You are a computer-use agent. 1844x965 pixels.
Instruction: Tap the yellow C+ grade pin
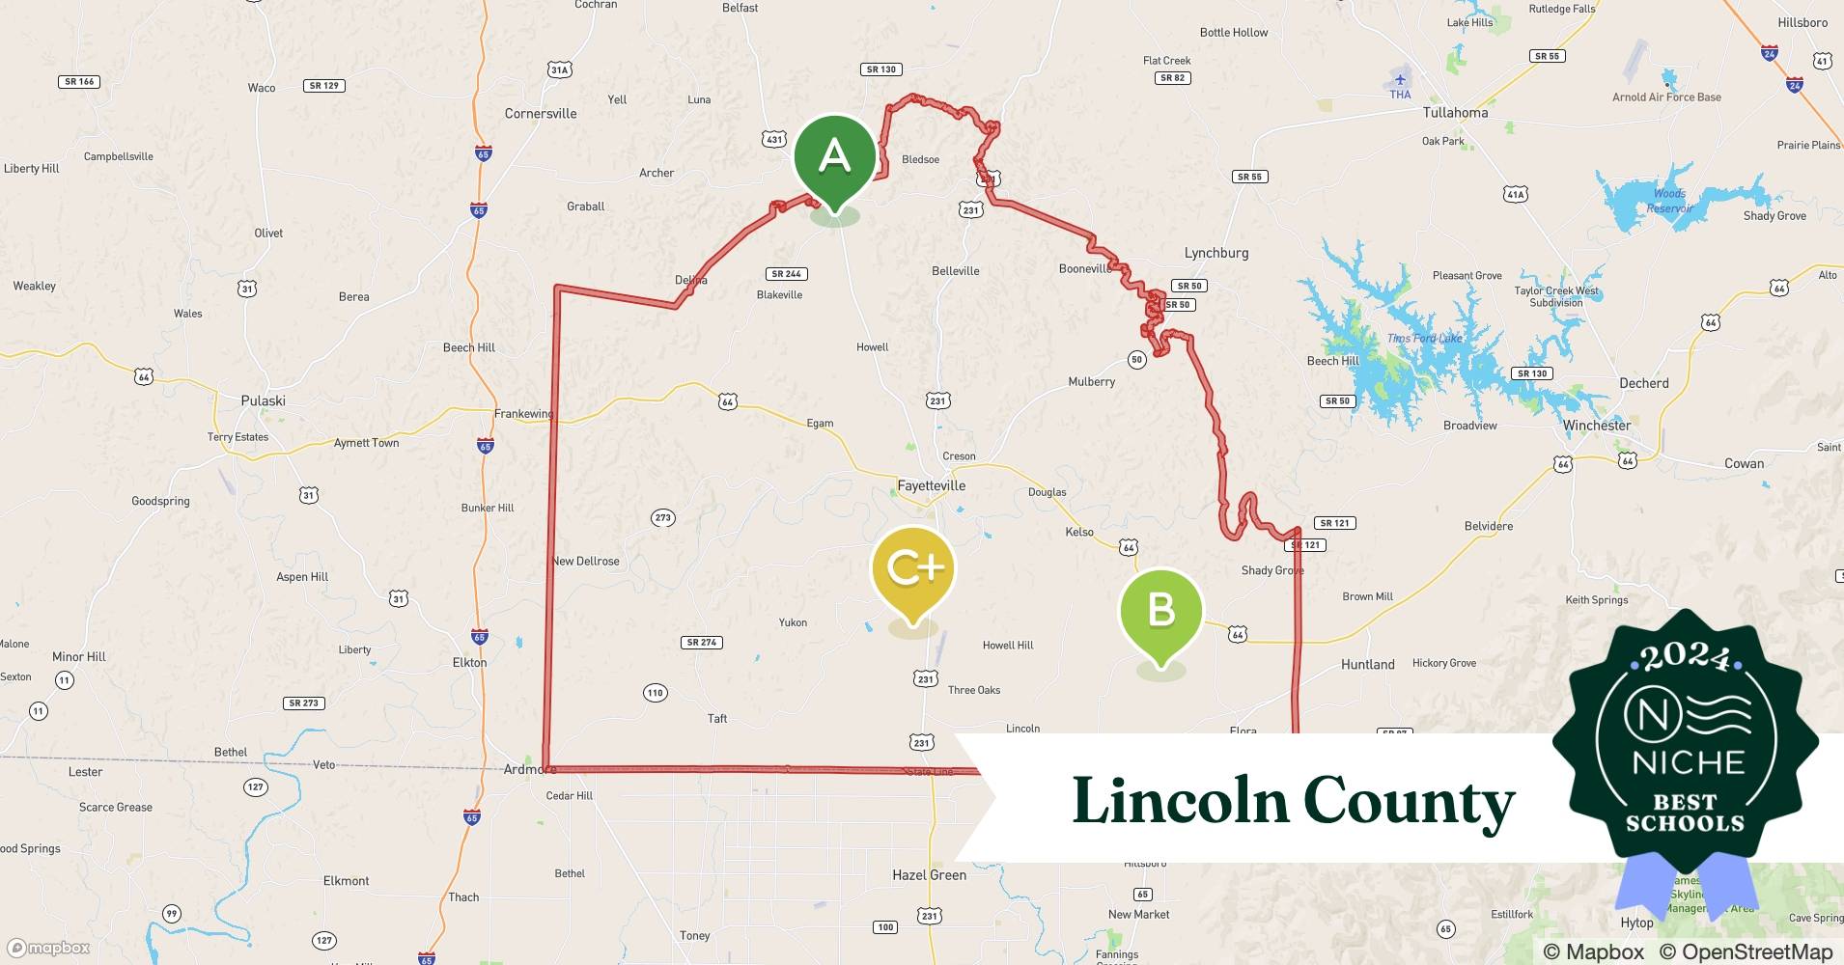coord(912,568)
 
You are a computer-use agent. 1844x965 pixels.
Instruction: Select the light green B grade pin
coord(1160,610)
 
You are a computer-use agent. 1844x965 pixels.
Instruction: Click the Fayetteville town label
coord(931,485)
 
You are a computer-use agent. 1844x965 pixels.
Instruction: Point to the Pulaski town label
coord(263,400)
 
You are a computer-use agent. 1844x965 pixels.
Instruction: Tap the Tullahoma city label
coord(1455,113)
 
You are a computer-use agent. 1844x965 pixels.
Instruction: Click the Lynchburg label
coord(1216,253)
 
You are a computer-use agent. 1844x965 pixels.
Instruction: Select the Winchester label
coord(1597,426)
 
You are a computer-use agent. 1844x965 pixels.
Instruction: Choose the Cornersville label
coord(541,114)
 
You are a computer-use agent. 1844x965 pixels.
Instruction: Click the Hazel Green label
coord(929,875)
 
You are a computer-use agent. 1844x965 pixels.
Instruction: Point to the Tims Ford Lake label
coord(1424,338)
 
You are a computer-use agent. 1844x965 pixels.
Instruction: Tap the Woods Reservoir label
coord(1669,201)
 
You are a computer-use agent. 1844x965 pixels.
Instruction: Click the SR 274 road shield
coord(702,643)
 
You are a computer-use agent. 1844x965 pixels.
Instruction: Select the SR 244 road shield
coord(786,274)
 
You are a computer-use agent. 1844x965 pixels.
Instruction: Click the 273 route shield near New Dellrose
coord(662,518)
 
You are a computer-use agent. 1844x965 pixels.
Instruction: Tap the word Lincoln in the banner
coord(1180,800)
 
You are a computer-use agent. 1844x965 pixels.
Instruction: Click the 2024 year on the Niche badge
coord(1685,657)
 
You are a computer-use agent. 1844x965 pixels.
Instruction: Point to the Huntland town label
coord(1367,665)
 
